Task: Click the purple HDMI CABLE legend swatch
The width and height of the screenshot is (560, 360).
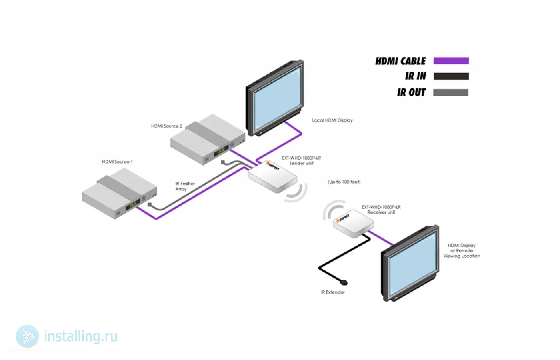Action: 451,61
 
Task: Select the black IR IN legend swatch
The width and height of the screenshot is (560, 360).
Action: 451,76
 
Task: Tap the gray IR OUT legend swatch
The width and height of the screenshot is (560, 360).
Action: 451,92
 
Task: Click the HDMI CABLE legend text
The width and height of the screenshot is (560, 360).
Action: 400,61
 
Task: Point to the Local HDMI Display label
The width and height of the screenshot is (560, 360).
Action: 332,120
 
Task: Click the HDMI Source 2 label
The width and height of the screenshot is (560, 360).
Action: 166,126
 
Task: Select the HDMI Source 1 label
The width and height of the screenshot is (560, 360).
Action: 117,162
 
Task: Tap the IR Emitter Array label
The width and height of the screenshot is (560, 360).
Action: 185,186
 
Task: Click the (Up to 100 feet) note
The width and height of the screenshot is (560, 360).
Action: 344,182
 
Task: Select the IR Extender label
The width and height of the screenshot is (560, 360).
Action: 332,292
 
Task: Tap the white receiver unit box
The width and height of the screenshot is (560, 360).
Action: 351,224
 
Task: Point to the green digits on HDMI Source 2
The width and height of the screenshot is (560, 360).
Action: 220,151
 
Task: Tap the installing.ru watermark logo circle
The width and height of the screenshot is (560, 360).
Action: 27,336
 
